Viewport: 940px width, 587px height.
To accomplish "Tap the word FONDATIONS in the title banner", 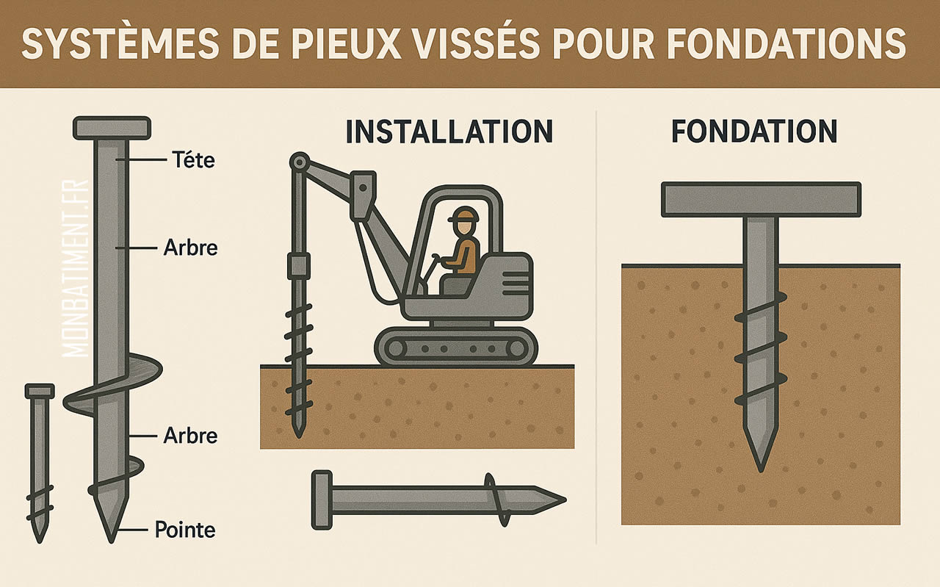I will point(786,44).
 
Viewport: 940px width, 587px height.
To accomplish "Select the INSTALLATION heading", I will point(449,132).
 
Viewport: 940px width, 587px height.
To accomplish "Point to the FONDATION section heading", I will point(754,132).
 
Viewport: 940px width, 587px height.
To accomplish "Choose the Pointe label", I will point(185,529).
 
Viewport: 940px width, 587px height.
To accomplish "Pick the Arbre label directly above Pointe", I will point(190,435).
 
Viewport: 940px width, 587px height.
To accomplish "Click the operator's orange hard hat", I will point(464,215).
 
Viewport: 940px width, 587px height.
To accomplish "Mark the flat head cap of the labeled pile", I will point(112,127).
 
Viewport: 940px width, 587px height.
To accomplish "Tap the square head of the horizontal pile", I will point(322,500).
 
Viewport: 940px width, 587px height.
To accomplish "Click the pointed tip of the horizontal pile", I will point(554,501).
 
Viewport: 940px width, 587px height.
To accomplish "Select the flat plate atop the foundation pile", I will point(761,199).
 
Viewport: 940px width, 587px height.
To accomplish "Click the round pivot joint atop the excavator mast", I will point(298,162).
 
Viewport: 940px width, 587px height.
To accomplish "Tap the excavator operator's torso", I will point(466,253).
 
